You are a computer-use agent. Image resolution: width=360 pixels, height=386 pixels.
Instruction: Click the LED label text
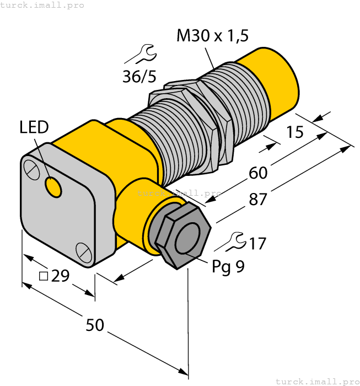pos(34,128)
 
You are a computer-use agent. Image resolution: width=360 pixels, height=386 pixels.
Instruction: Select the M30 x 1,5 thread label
pos(212,36)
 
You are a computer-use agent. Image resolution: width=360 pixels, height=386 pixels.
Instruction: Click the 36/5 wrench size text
pos(139,77)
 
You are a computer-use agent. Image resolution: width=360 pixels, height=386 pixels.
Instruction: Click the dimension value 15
pos(295,133)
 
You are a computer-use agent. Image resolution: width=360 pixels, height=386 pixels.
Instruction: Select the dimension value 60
pos(258,173)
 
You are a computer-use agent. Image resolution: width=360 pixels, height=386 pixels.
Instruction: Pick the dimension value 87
pos(258,200)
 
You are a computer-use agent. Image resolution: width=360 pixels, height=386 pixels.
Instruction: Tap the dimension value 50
pos(95,325)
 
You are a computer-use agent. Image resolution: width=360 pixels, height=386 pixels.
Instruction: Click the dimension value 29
pos(60,276)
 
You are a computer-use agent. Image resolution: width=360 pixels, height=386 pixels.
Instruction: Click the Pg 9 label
pos(228,266)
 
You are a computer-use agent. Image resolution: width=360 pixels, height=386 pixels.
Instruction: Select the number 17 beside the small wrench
pos(257,243)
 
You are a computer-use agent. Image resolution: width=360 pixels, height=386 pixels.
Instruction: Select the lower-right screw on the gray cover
pos(83,252)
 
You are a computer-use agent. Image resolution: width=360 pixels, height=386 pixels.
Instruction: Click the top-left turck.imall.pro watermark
pos(42,5)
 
